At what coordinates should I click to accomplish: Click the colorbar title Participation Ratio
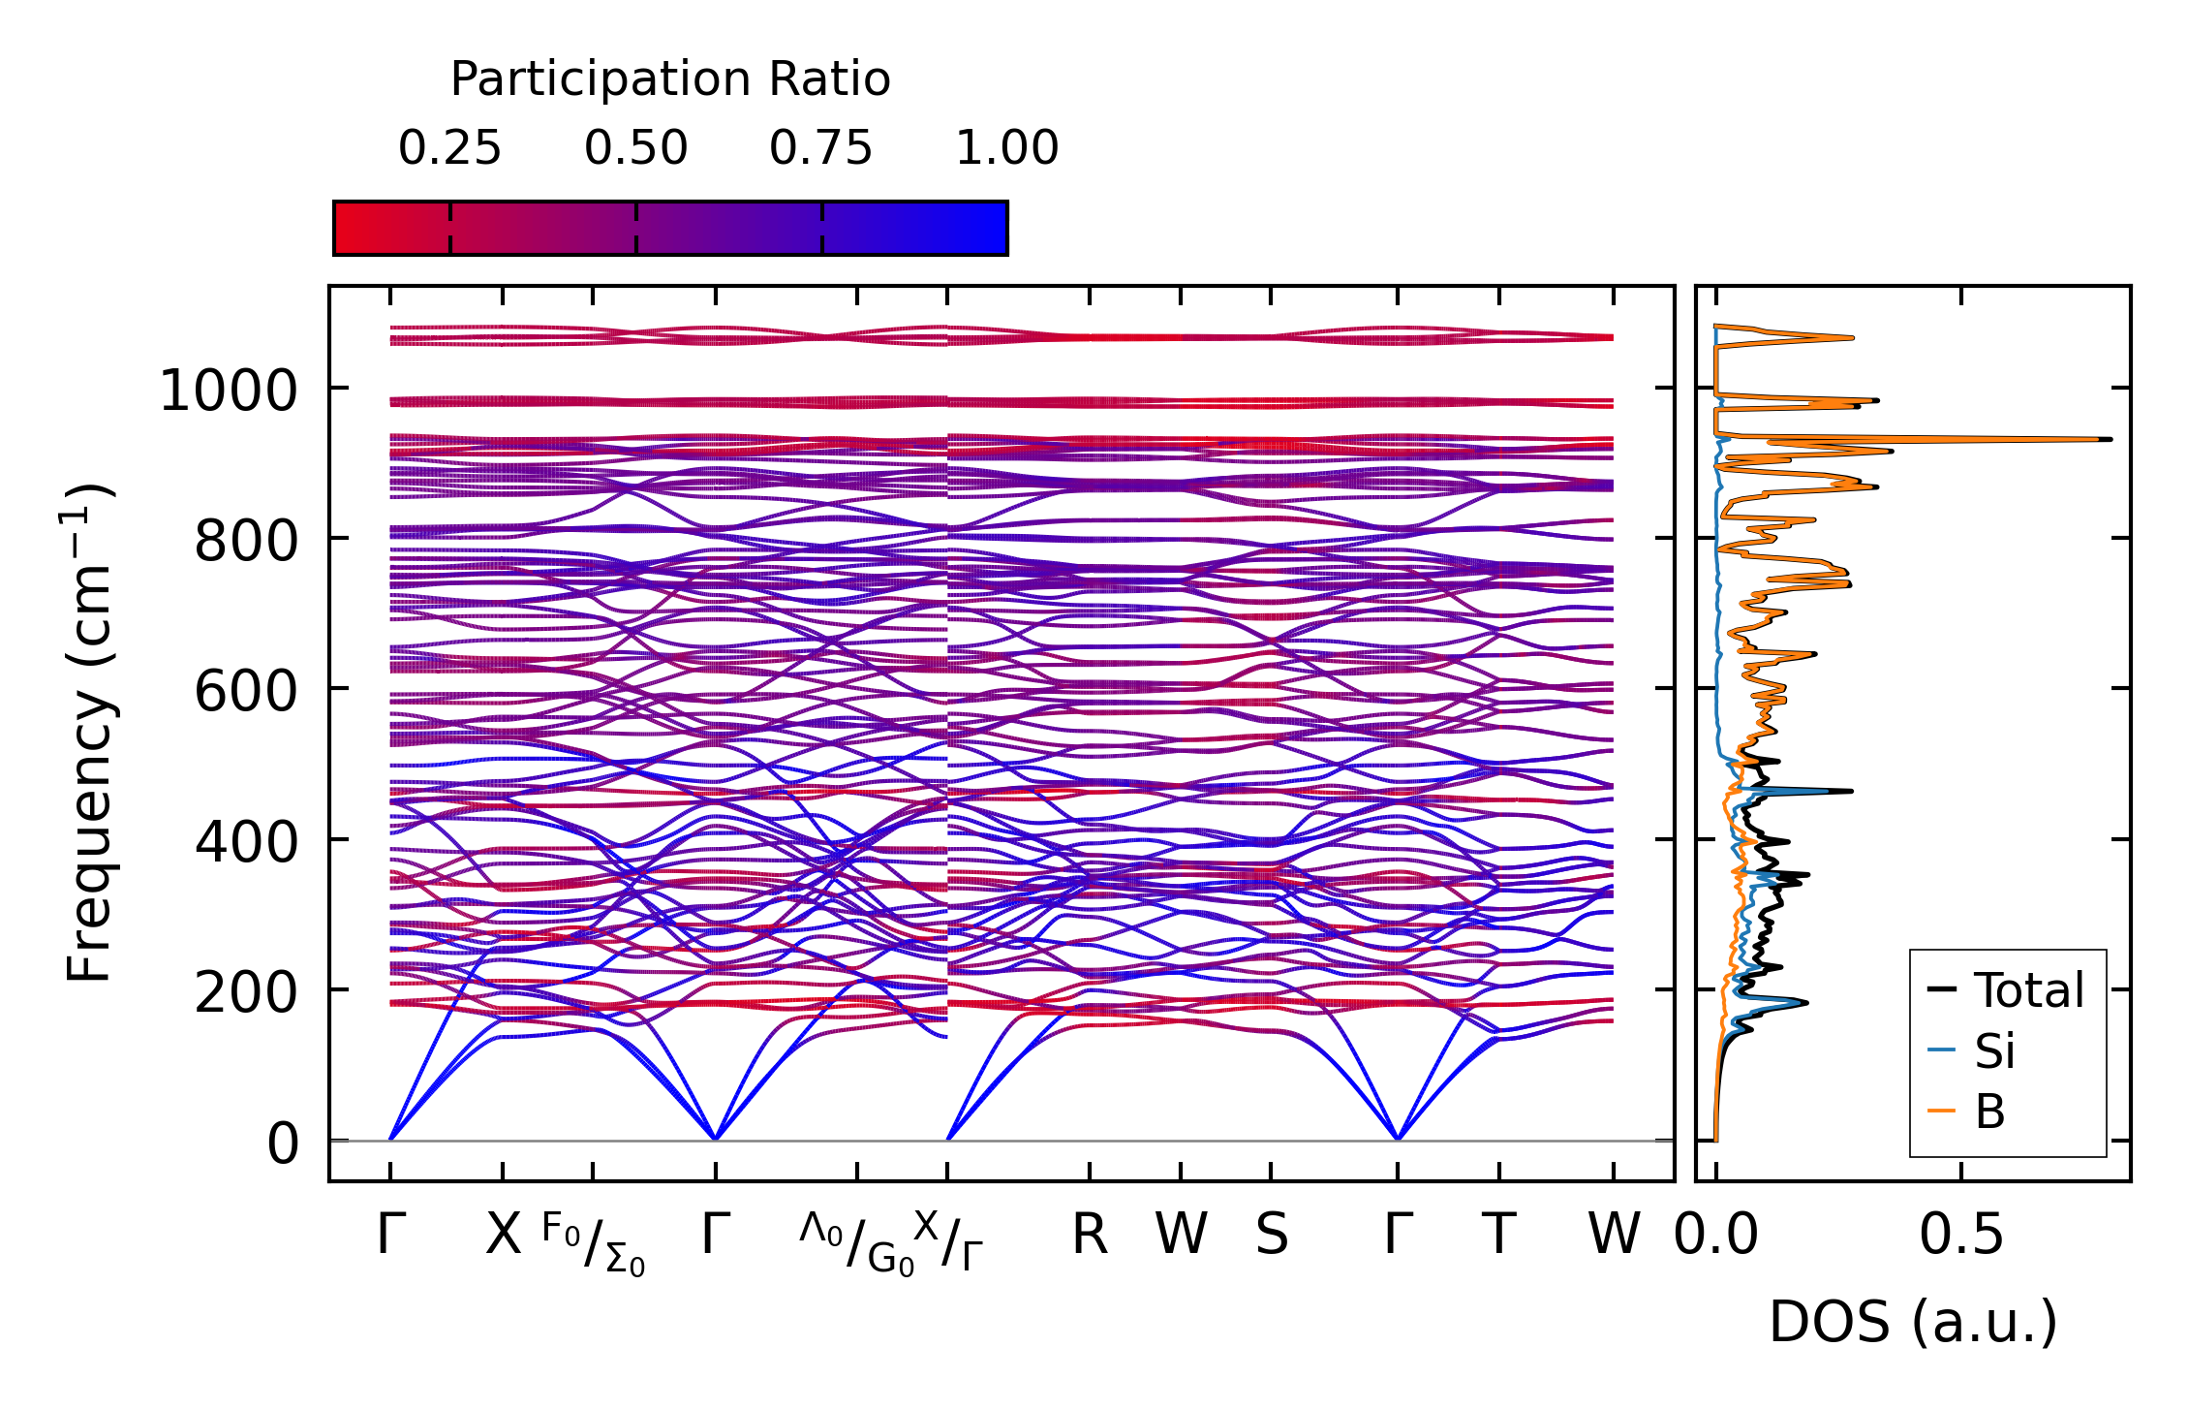(x=670, y=79)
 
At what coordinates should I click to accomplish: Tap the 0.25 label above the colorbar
(x=449, y=149)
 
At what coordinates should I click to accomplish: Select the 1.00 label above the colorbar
(x=1007, y=149)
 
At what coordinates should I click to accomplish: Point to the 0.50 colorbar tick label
(x=635, y=149)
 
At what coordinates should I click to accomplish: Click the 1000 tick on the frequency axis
(x=229, y=392)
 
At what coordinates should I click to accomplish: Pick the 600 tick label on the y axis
(x=246, y=693)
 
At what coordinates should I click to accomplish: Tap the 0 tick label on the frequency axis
(x=283, y=1144)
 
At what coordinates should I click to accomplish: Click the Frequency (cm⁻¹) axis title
(x=89, y=733)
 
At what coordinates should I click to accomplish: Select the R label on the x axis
(x=1090, y=1236)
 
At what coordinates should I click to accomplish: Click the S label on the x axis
(x=1272, y=1236)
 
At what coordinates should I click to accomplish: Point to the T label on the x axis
(x=1499, y=1236)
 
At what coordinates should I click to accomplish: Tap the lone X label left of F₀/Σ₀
(x=503, y=1236)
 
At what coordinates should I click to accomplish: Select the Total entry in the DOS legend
(x=2005, y=990)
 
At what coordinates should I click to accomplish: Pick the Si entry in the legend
(x=1971, y=1050)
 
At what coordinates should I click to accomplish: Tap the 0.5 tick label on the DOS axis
(x=1961, y=1236)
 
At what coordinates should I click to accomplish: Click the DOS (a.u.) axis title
(x=1913, y=1323)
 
